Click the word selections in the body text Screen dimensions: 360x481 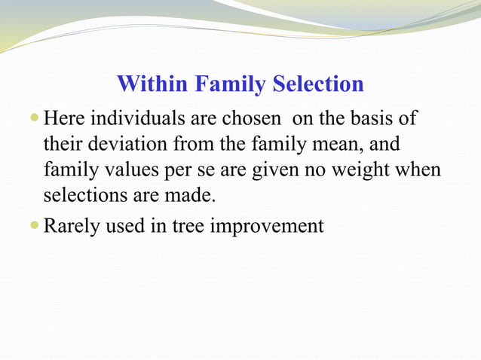tap(78, 196)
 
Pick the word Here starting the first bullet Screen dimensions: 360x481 tap(63, 119)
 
